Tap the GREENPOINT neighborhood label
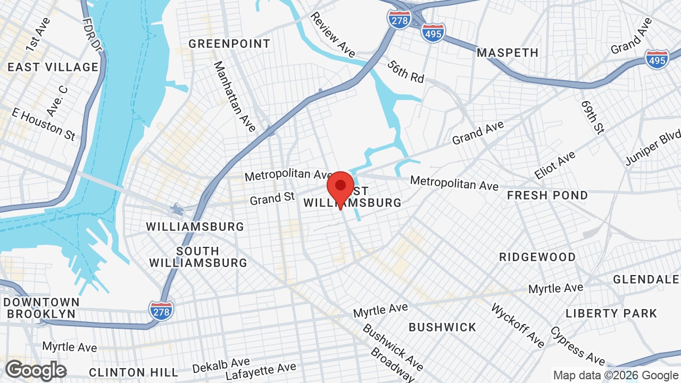(x=229, y=44)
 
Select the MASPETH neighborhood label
(x=508, y=53)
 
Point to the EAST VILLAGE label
(x=53, y=67)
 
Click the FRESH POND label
(x=547, y=195)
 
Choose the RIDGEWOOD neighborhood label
(x=537, y=257)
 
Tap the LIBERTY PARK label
(x=611, y=313)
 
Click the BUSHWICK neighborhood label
(x=443, y=327)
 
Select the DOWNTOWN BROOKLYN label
(x=41, y=308)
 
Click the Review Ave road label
(x=333, y=35)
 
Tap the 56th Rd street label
(x=406, y=71)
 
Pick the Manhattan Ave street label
(x=235, y=96)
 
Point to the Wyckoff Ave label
(x=517, y=325)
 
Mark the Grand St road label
(x=272, y=199)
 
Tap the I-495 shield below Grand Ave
(x=657, y=59)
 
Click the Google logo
(x=36, y=370)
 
